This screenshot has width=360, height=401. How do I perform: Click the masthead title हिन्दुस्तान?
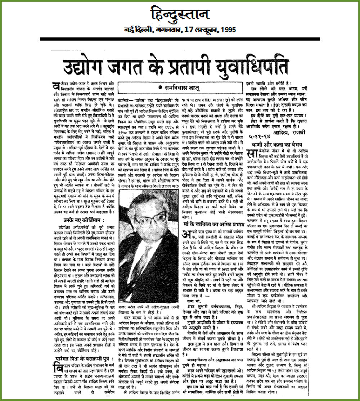pyautogui.click(x=180, y=15)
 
